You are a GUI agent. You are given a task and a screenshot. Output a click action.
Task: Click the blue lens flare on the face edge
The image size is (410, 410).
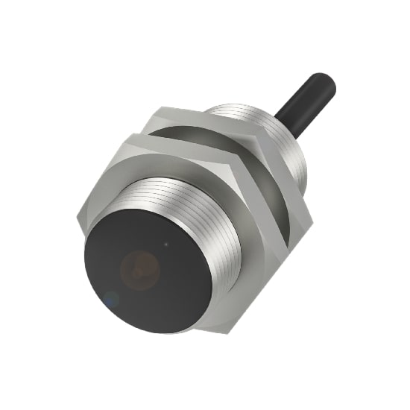[x=110, y=300]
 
